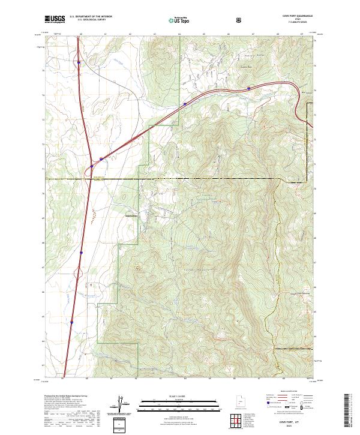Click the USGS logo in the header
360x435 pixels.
55,19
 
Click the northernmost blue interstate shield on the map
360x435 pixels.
79,62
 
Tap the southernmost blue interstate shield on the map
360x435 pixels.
72,322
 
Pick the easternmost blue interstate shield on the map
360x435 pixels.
248,88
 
